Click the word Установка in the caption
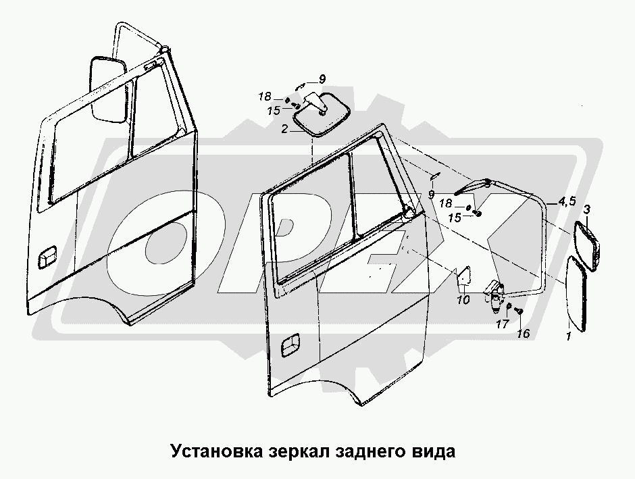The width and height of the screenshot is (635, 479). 213,451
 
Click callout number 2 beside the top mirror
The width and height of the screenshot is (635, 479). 285,128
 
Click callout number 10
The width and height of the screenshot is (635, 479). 463,300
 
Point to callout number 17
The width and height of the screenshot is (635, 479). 502,324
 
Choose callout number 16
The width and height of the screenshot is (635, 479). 522,334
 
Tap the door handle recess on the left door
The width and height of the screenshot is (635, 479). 49,258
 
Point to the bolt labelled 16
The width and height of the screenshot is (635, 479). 519,311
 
